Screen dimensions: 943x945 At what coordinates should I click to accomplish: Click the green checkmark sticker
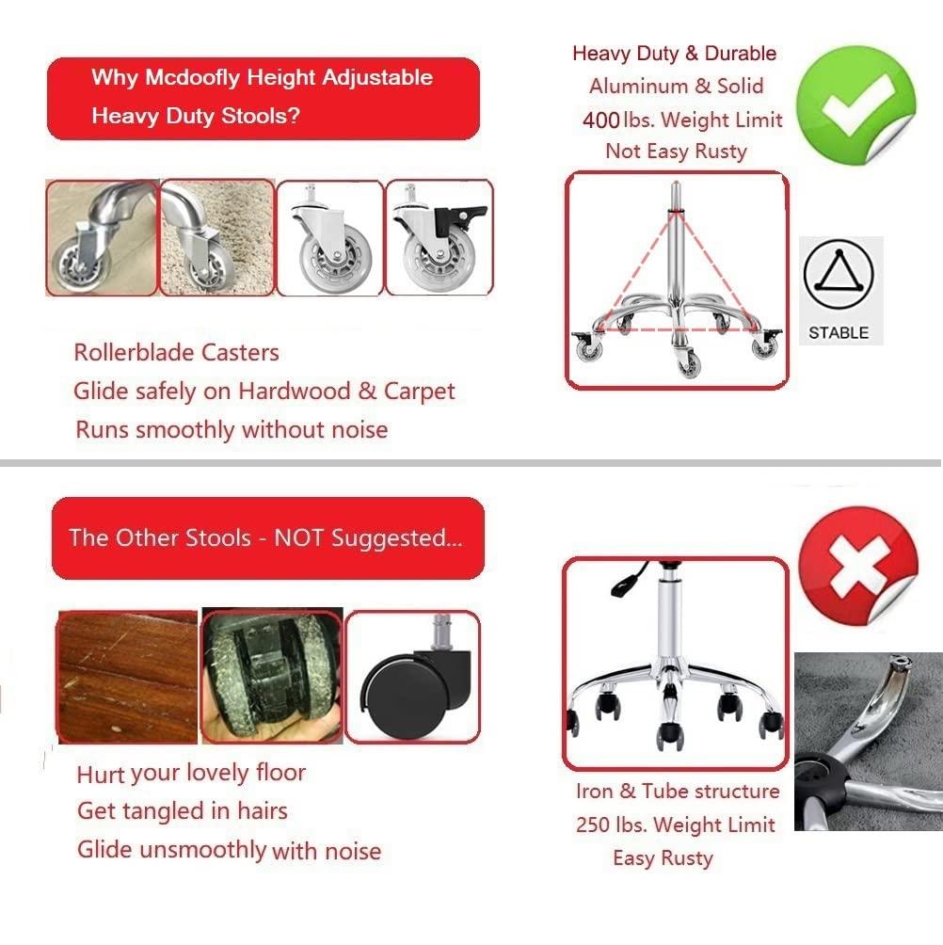pyautogui.click(x=855, y=104)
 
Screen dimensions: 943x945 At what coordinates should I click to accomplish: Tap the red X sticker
pyautogui.click(x=857, y=566)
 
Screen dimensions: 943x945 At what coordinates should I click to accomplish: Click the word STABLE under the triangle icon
pyautogui.click(x=839, y=332)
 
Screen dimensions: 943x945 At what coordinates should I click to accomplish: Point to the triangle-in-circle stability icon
pyautogui.click(x=839, y=274)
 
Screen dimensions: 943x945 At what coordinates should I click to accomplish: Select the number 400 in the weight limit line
pyautogui.click(x=600, y=120)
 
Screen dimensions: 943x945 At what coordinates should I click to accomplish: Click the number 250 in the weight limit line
pyautogui.click(x=594, y=825)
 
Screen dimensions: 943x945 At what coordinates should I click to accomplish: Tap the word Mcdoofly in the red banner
pyautogui.click(x=193, y=77)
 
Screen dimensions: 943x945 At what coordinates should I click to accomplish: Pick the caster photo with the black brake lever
pyautogui.click(x=440, y=237)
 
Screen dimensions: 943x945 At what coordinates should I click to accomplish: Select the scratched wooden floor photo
pyautogui.click(x=127, y=677)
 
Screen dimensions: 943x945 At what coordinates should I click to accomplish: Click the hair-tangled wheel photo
pyautogui.click(x=272, y=676)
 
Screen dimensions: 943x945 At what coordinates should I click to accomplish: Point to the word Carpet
pyautogui.click(x=420, y=392)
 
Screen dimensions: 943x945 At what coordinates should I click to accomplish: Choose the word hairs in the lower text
pyautogui.click(x=263, y=810)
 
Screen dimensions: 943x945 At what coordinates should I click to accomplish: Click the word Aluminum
pyautogui.click(x=639, y=87)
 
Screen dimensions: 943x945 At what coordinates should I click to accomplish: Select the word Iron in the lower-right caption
pyautogui.click(x=594, y=791)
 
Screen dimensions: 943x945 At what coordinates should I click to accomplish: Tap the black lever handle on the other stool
pyautogui.click(x=628, y=580)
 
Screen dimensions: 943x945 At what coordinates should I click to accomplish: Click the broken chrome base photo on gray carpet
pyautogui.click(x=869, y=742)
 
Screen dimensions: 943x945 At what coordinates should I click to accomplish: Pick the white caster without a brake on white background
pyautogui.click(x=329, y=237)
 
